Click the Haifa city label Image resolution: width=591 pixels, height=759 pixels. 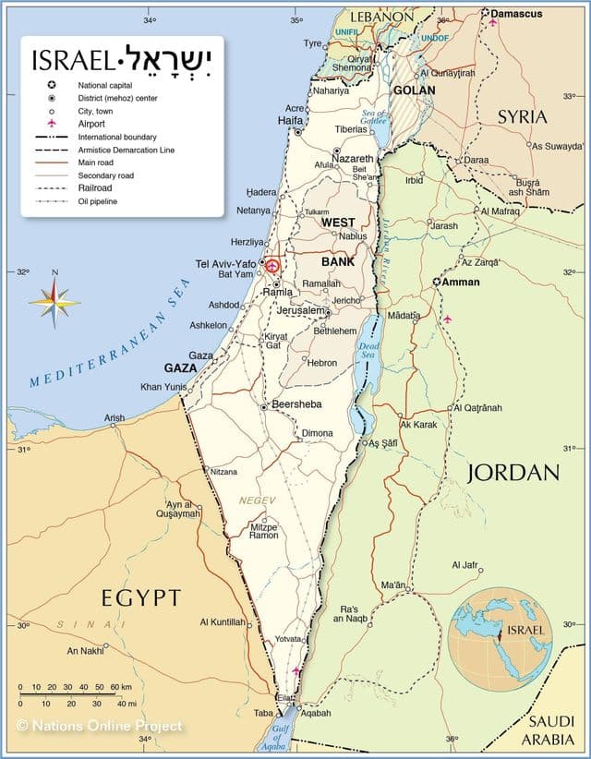tap(290, 121)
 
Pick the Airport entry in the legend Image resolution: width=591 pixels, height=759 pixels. tap(91, 123)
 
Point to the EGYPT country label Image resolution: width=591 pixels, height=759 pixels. tap(141, 597)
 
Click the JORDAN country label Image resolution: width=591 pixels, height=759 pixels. tap(513, 473)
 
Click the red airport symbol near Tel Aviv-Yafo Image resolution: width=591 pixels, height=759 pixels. tap(272, 264)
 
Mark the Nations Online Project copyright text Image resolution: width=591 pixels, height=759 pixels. tap(100, 726)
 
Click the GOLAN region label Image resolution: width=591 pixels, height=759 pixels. tap(414, 90)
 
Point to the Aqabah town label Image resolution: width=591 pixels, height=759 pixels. tap(315, 713)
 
